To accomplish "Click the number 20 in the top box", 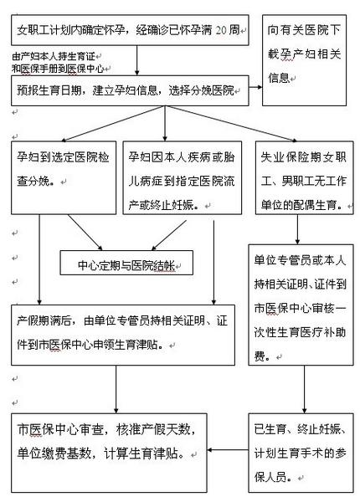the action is pyautogui.click(x=221, y=30).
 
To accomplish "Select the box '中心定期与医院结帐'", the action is pyautogui.click(x=126, y=263).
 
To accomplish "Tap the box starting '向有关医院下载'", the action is pyautogui.click(x=304, y=60).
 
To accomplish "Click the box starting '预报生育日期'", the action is pyautogui.click(x=130, y=90).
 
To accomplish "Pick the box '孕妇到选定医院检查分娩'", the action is pyautogui.click(x=64, y=177).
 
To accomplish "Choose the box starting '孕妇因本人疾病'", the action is pyautogui.click(x=183, y=177).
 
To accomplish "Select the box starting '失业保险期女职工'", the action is pyautogui.click(x=305, y=177).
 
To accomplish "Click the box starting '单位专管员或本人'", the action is pyautogui.click(x=301, y=305).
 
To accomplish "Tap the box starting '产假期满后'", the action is pyautogui.click(x=123, y=335).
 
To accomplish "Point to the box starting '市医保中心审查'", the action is pyautogui.click(x=109, y=453).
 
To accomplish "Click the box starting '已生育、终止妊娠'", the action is pyautogui.click(x=301, y=453).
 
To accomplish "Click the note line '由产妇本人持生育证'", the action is pyautogui.click(x=54, y=57).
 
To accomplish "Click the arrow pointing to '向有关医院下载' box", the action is pyautogui.click(x=255, y=87).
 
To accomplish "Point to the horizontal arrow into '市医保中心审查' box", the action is pyautogui.click(x=228, y=450).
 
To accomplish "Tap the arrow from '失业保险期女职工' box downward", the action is pyautogui.click(x=297, y=229).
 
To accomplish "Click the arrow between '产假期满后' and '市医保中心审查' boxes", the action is pyautogui.click(x=116, y=389).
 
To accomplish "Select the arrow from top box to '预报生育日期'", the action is pyautogui.click(x=137, y=60).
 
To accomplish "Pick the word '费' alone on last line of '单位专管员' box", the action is pyautogui.click(x=260, y=356).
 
